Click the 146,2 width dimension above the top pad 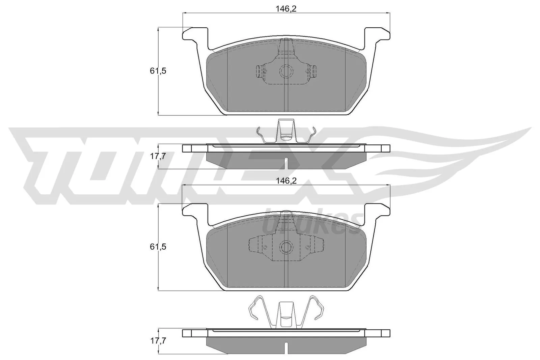click(x=286, y=9)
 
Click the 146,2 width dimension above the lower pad click(x=286, y=181)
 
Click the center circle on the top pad click(x=286, y=71)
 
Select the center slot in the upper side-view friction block click(x=286, y=163)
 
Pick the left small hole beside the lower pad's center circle click(x=265, y=247)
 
